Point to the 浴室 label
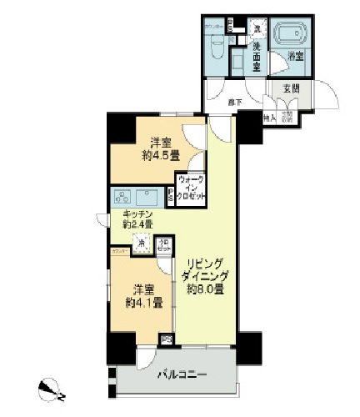coord(293,58)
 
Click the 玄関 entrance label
coord(287,88)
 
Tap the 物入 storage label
coord(269,118)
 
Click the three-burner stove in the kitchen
coord(123,198)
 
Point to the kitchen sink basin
coord(150,198)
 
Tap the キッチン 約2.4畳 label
coord(137,220)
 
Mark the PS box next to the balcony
coord(166,339)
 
